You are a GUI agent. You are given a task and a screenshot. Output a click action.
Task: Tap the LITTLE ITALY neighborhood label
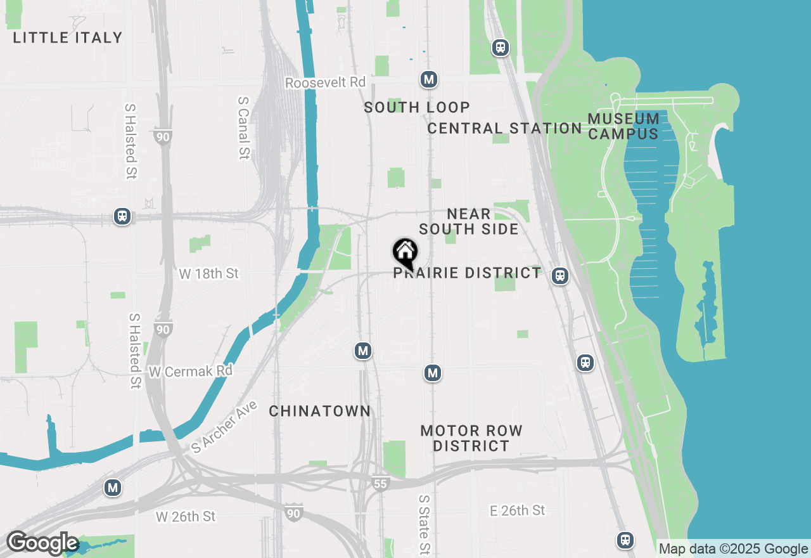coord(68,37)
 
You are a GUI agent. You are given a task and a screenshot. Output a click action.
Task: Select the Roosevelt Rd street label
coord(326,82)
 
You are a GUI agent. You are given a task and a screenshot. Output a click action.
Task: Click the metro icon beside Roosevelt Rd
coord(429,80)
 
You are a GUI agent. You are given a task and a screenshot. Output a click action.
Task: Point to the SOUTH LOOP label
coord(417,107)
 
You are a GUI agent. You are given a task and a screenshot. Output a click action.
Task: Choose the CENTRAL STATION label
coord(504,128)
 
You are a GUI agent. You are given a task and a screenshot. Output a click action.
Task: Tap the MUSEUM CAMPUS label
coord(623,126)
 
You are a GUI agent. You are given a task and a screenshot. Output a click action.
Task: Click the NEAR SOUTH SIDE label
coord(469,221)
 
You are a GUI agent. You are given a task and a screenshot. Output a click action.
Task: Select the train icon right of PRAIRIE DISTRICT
coord(559,275)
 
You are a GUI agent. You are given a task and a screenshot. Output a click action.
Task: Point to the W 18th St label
coord(209,273)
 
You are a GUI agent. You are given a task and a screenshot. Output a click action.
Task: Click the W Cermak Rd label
coord(190,371)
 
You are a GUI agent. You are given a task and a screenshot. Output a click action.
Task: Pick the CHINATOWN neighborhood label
coord(320,411)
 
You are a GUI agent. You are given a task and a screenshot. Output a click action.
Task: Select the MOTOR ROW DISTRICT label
coord(471,438)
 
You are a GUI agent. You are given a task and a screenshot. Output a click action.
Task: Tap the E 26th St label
coord(518,510)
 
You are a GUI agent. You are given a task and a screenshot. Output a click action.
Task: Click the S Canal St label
coord(243,127)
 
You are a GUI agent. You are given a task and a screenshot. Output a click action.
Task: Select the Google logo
coord(42,543)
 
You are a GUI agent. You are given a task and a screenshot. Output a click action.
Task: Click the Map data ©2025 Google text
coord(733,549)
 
